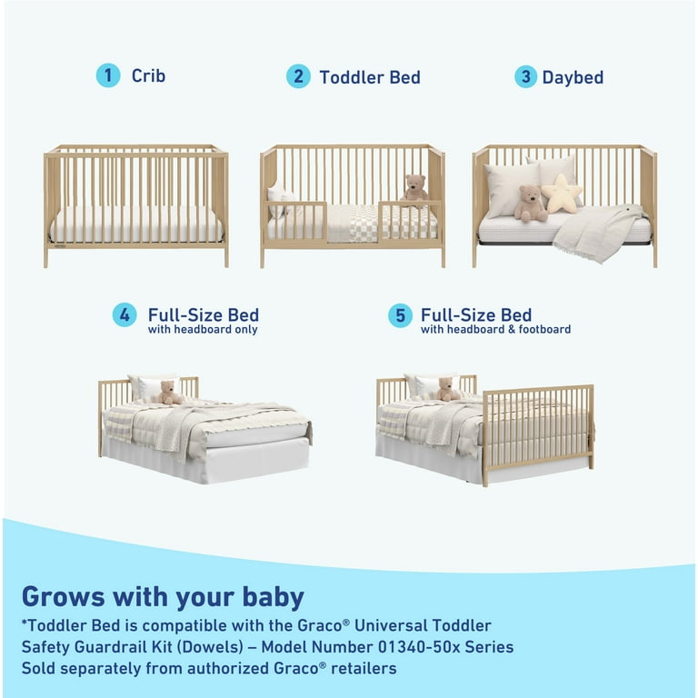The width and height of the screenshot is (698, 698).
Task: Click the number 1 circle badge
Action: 108,75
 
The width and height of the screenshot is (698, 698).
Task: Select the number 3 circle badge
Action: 525,76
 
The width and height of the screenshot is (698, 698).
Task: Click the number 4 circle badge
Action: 125,315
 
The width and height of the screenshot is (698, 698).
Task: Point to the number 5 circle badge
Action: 400,315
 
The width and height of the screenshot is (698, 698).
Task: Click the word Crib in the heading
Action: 148,76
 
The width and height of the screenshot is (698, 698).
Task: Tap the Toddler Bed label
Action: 369,77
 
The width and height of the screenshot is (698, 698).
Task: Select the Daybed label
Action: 573,77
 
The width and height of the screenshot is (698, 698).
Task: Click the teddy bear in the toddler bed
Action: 415,189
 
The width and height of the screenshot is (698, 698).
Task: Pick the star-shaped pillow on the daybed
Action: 561,194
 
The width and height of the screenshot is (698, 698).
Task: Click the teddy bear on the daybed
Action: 531,204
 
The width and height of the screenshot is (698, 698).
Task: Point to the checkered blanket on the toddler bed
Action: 351,223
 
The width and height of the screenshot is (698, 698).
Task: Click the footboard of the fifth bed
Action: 538,427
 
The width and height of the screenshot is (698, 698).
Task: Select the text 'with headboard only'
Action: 203,330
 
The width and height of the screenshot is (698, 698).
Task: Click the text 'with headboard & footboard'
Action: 495,330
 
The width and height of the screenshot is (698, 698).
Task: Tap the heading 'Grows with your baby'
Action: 163,597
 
